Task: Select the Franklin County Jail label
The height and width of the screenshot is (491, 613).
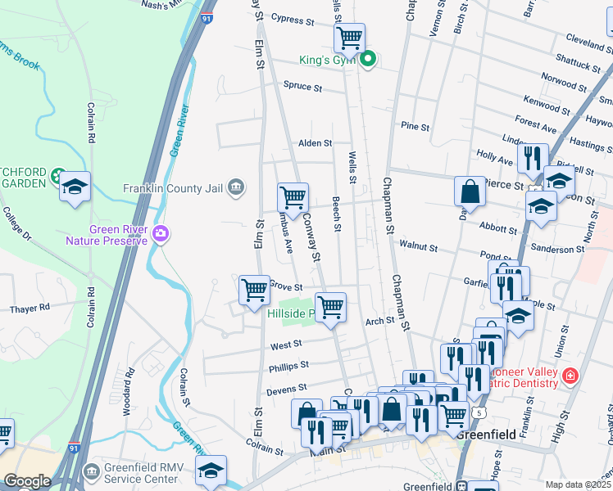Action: click(173, 187)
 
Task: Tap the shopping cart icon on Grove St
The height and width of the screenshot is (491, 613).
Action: click(255, 290)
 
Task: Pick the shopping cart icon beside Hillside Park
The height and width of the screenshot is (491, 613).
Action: click(330, 308)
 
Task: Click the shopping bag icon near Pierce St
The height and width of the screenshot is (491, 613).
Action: click(471, 191)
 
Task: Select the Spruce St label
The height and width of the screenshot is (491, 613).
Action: click(302, 86)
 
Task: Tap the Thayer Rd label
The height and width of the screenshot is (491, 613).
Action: click(30, 309)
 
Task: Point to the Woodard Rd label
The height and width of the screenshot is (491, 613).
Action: click(128, 397)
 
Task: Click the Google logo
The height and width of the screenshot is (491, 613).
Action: click(27, 481)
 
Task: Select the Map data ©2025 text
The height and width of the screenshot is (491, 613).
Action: click(579, 484)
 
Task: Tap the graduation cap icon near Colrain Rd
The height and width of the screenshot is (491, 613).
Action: click(75, 187)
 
